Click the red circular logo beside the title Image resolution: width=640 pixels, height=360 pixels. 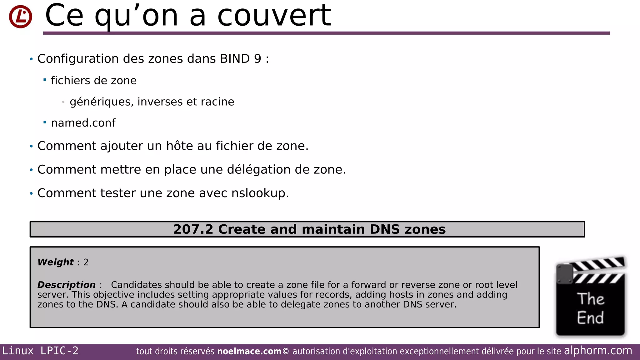20,17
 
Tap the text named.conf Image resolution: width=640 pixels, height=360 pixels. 83,123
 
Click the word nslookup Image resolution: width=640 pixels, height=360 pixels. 258,193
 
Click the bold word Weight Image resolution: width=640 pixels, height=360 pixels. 56,262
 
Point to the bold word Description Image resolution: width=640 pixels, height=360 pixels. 66,285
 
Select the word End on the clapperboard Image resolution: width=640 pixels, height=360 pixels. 590,318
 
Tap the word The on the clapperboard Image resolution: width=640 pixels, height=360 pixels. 590,299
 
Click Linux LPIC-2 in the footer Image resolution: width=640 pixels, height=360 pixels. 40,351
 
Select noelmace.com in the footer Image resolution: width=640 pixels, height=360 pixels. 249,352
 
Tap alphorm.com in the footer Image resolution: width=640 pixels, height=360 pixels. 598,351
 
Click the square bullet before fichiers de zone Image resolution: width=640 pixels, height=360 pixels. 45,80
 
